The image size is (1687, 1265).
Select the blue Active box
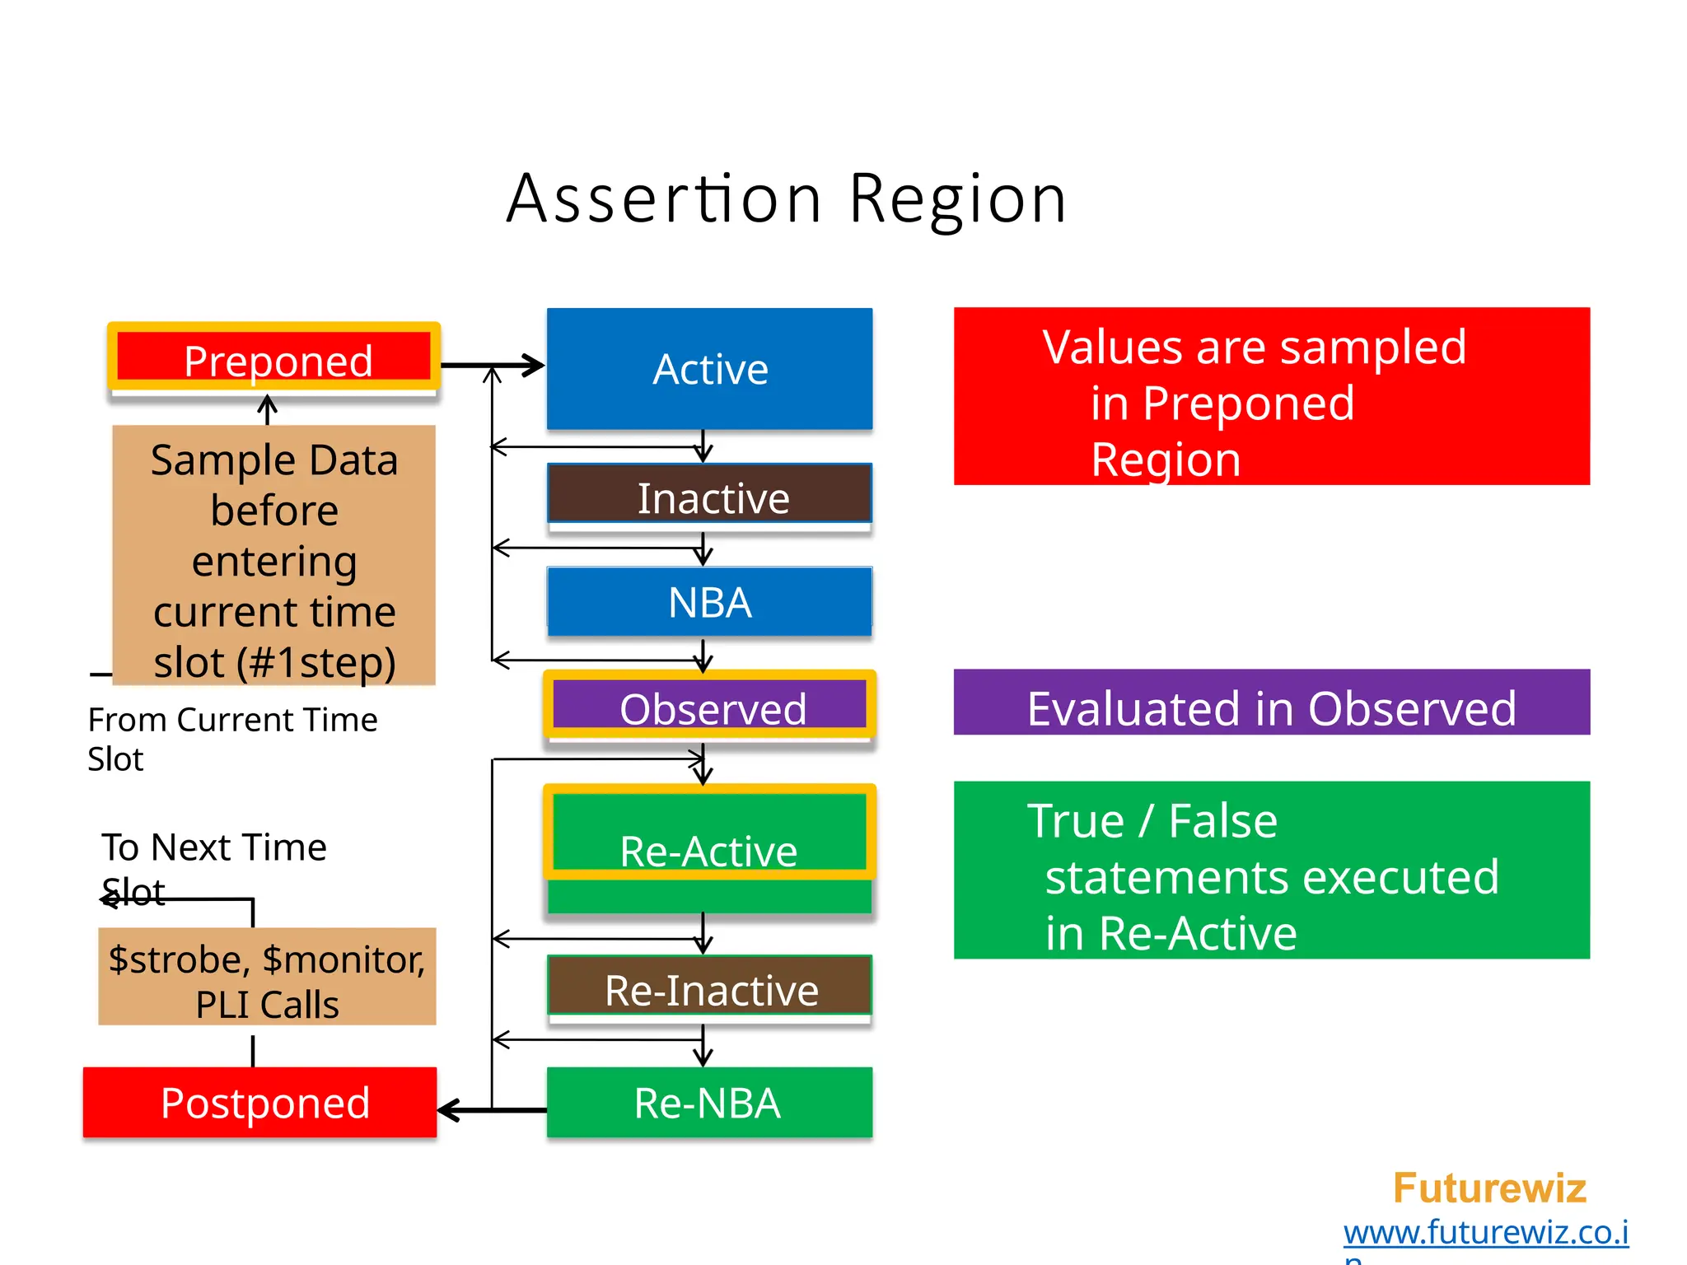tap(709, 369)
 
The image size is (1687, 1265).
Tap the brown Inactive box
tap(709, 495)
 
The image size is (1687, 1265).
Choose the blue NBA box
tap(709, 601)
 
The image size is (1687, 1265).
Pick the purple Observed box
tap(709, 707)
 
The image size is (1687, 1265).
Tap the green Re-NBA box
tap(709, 1102)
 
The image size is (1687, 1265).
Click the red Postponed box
tap(260, 1102)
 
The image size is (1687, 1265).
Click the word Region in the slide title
tap(958, 200)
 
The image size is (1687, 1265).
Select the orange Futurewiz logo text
tap(1489, 1188)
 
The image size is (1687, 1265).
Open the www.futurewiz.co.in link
tap(1485, 1233)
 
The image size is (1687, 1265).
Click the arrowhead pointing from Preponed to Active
tap(534, 365)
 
